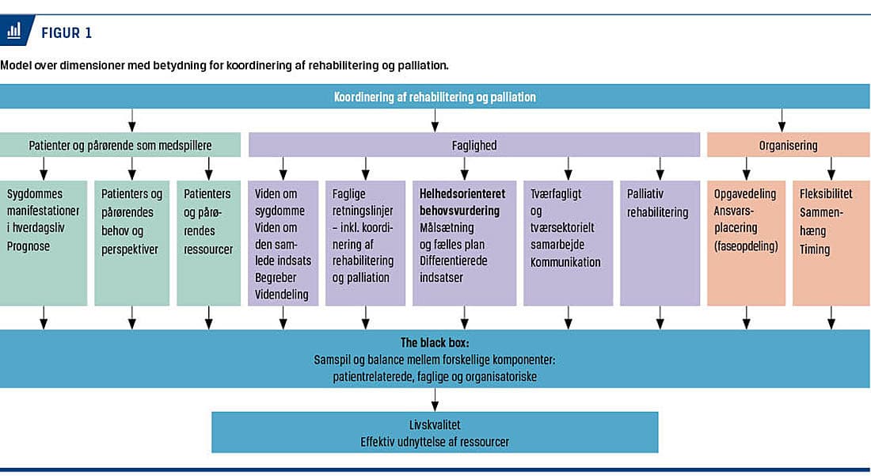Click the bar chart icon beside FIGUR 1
click(14, 30)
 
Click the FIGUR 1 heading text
click(67, 33)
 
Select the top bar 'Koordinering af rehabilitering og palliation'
click(435, 97)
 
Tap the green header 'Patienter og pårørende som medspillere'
click(120, 145)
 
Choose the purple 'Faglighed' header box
click(474, 145)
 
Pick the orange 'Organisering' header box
click(788, 145)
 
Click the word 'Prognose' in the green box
click(29, 246)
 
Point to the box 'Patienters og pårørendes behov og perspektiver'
click(131, 242)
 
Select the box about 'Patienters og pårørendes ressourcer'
click(208, 242)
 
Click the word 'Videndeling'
click(282, 295)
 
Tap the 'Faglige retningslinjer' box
click(365, 242)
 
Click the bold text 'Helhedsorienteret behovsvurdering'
click(462, 202)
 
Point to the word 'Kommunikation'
click(565, 261)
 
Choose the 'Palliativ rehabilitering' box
click(660, 242)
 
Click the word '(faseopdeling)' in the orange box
click(746, 246)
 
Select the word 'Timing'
click(815, 249)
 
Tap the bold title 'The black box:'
click(435, 343)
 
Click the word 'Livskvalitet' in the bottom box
click(435, 425)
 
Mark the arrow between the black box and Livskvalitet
click(435, 399)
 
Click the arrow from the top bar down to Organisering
click(782, 120)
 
